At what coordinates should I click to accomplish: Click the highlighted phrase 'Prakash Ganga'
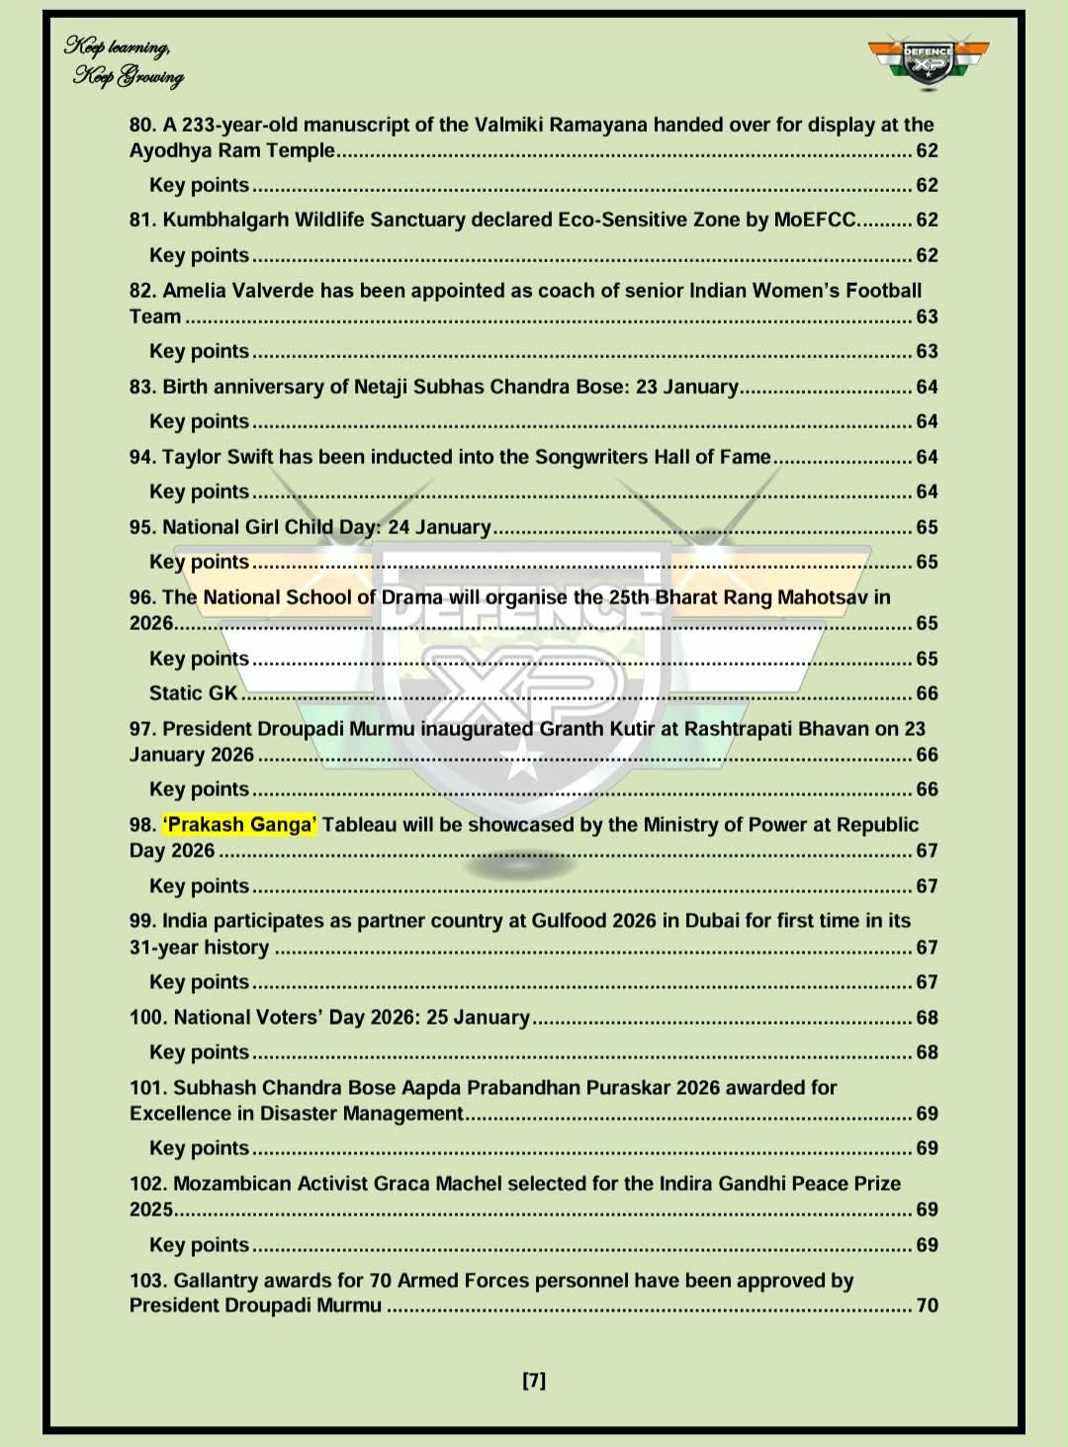(240, 825)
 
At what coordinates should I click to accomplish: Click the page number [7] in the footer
(534, 1380)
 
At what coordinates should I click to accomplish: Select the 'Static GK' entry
(194, 693)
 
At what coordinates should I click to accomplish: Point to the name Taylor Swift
(217, 457)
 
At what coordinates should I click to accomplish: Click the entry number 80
(142, 125)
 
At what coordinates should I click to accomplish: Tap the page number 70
(927, 1306)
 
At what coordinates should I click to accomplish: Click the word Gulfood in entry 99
(569, 921)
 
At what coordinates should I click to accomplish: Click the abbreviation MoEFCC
(815, 220)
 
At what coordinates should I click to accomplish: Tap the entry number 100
(148, 1018)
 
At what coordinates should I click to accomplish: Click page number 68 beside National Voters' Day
(927, 1018)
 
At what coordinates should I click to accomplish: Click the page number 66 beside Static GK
(927, 693)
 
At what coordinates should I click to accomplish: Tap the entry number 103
(148, 1281)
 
